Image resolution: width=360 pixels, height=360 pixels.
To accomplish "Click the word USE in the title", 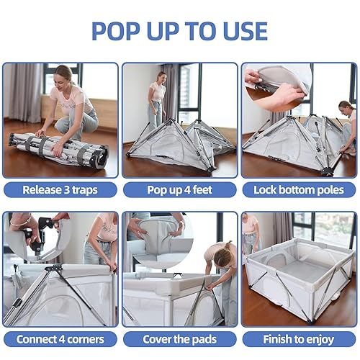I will (240, 30).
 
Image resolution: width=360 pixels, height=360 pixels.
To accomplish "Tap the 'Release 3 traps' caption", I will (60, 190).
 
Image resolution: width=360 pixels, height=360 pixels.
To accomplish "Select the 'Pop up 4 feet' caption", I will (179, 190).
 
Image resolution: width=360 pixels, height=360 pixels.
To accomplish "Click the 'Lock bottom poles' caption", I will (299, 190).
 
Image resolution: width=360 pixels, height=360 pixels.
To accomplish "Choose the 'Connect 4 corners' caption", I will (60, 338).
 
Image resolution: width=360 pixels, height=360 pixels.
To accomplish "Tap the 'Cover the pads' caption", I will (179, 338).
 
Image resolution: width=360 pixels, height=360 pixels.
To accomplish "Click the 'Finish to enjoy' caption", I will (299, 338).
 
